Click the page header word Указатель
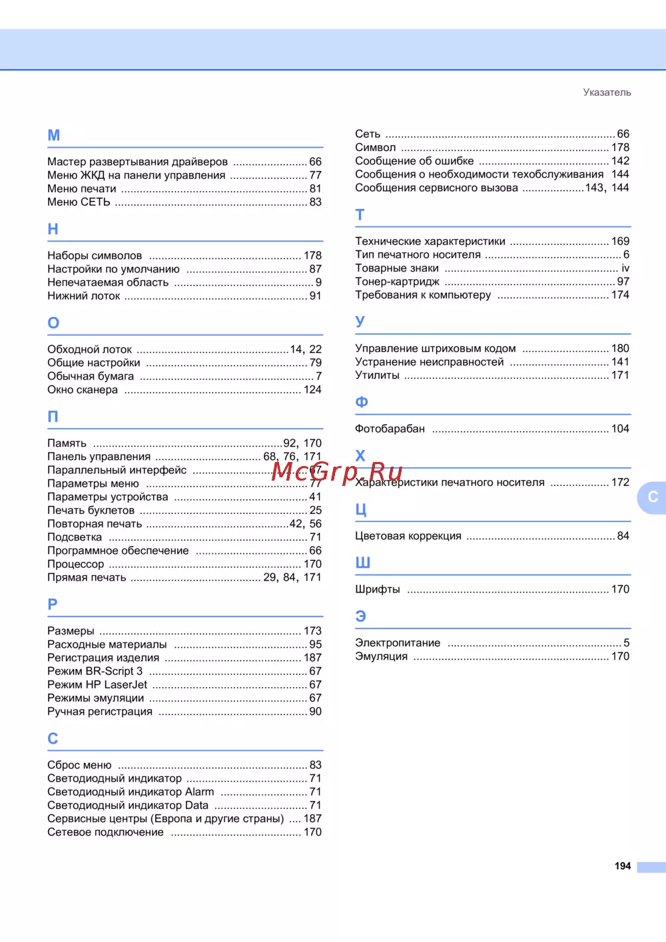pyautogui.click(x=607, y=93)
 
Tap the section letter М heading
pyautogui.click(x=54, y=135)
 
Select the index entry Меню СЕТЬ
pyautogui.click(x=79, y=202)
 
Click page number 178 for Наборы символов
pyautogui.click(x=312, y=256)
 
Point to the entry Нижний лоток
pyautogui.click(x=84, y=296)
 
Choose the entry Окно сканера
pyautogui.click(x=83, y=389)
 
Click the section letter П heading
pyautogui.click(x=53, y=417)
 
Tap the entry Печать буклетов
pyautogui.click(x=91, y=511)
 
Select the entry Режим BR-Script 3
pyautogui.click(x=95, y=671)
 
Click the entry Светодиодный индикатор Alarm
pyautogui.click(x=131, y=792)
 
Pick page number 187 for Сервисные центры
pyautogui.click(x=312, y=819)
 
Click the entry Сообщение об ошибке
pyautogui.click(x=414, y=161)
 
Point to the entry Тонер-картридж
pyautogui.click(x=397, y=282)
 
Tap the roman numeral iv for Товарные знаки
pyautogui.click(x=625, y=268)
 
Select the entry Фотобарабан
pyautogui.click(x=390, y=429)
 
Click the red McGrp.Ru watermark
pyautogui.click(x=337, y=471)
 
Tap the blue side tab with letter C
pyautogui.click(x=652, y=497)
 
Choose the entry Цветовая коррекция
pyautogui.click(x=408, y=536)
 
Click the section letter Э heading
pyautogui.click(x=361, y=616)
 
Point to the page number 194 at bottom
pyautogui.click(x=622, y=866)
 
